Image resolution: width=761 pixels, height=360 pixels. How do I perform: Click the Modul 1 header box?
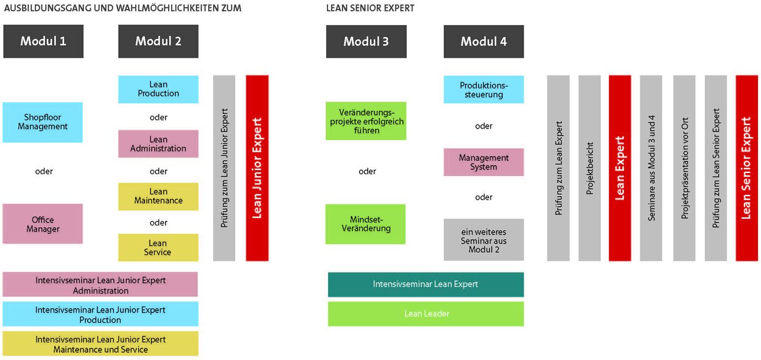coord(43,41)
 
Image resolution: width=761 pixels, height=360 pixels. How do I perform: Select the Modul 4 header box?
coord(483,41)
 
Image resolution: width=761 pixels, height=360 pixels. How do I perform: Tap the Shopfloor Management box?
coord(43,122)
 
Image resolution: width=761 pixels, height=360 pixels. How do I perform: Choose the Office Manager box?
coord(43,224)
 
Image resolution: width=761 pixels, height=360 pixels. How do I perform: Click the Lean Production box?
coord(158,89)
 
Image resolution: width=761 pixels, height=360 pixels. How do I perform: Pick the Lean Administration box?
coord(158,144)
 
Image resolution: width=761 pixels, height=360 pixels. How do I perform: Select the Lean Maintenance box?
coord(158,196)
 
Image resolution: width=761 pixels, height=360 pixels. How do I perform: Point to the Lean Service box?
coord(158,247)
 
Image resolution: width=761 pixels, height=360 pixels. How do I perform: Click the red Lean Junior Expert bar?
coord(257,168)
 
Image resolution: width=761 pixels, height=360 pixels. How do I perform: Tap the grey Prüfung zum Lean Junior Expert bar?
coord(224,168)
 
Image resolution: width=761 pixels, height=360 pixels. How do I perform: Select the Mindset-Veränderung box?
coord(365,224)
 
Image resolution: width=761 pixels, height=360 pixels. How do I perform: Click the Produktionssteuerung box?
coord(483,90)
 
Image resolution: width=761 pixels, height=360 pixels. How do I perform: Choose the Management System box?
coord(483,162)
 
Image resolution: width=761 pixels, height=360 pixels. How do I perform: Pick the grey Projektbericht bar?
coord(589,168)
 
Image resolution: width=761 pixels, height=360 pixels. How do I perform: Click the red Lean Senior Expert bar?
coord(746,168)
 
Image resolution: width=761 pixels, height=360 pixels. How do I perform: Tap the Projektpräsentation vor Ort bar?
coord(684,168)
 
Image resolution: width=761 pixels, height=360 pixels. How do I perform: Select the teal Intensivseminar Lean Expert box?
coord(426,284)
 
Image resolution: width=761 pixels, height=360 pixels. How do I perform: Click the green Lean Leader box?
coord(426,314)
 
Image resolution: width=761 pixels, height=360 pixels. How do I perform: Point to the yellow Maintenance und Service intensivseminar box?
coord(100,344)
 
